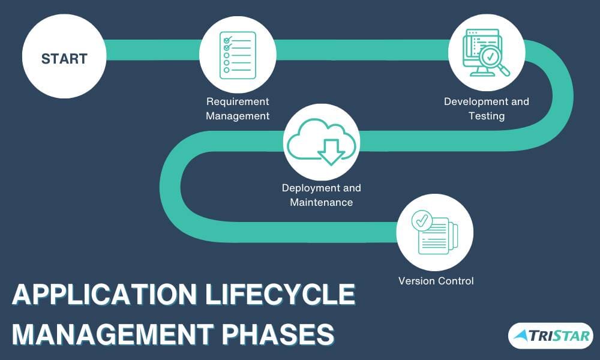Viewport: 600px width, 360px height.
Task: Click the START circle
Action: pyautogui.click(x=64, y=58)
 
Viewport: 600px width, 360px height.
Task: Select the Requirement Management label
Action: pyautogui.click(x=238, y=109)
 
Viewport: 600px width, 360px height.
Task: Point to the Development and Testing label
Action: pyautogui.click(x=487, y=109)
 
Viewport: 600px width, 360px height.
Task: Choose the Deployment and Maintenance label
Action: pyautogui.click(x=322, y=195)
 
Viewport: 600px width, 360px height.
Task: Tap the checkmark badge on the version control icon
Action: pyautogui.click(x=421, y=221)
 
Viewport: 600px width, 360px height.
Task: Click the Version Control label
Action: pyautogui.click(x=436, y=281)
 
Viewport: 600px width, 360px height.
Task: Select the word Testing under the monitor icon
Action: pyautogui.click(x=487, y=116)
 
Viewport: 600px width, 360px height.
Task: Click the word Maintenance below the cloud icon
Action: pyautogui.click(x=322, y=202)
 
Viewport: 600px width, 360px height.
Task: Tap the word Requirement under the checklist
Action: pyautogui.click(x=238, y=101)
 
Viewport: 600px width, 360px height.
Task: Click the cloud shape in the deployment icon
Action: pyautogui.click(x=322, y=137)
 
